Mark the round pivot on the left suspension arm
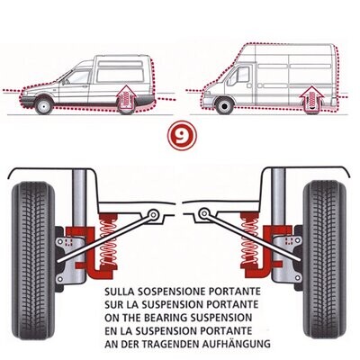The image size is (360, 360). click(156, 215)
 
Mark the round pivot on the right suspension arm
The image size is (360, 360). click(202, 215)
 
